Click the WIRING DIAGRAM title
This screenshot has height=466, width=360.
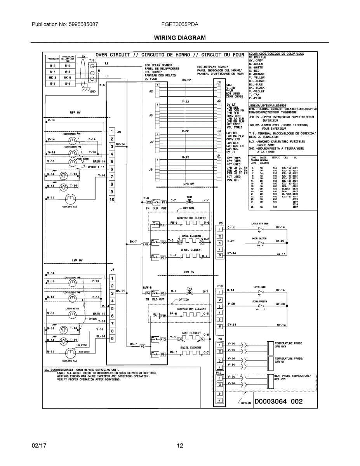click(x=180, y=38)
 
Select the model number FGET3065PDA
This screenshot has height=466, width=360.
click(x=179, y=24)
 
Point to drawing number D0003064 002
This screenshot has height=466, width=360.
click(x=278, y=401)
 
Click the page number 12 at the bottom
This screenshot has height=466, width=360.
click(x=180, y=445)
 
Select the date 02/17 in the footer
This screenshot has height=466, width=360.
click(x=39, y=445)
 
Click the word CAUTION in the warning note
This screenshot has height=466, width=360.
click(x=50, y=369)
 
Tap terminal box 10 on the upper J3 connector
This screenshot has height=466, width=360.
click(x=112, y=199)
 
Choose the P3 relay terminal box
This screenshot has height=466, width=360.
click(x=148, y=202)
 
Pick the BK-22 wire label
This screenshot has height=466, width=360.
click(x=186, y=80)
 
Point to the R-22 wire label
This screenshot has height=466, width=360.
click(x=186, y=157)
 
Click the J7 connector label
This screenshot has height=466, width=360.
click(x=152, y=142)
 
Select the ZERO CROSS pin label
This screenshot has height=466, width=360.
click(x=235, y=96)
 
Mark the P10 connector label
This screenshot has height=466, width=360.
click(x=220, y=285)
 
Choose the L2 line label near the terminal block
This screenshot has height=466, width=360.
click(x=106, y=63)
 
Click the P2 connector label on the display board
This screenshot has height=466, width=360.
click(x=219, y=82)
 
